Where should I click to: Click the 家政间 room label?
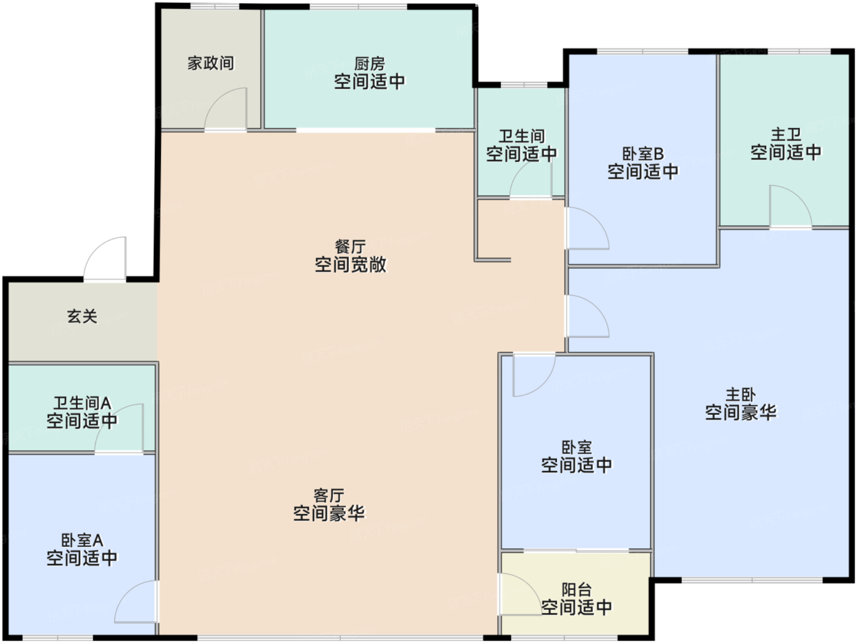(x=211, y=63)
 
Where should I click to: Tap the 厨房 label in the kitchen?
(x=369, y=64)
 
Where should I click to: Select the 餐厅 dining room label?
(x=350, y=247)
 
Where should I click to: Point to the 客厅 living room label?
(x=329, y=496)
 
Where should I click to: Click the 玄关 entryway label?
(x=82, y=316)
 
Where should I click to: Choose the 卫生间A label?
(x=82, y=403)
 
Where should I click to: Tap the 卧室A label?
(x=82, y=540)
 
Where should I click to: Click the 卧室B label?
(x=643, y=154)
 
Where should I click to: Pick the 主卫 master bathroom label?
(x=786, y=135)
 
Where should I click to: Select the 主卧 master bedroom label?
(x=741, y=395)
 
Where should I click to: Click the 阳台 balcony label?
(x=576, y=590)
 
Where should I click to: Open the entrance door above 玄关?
(x=105, y=258)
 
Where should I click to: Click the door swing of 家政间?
(x=226, y=109)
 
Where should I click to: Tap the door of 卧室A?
(x=137, y=601)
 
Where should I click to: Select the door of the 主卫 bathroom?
(x=791, y=206)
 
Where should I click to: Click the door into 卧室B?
(x=587, y=228)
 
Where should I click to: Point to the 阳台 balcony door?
(x=520, y=594)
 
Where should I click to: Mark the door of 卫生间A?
(x=119, y=428)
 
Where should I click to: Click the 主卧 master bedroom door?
(x=587, y=316)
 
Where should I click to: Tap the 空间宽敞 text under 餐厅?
(x=350, y=264)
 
